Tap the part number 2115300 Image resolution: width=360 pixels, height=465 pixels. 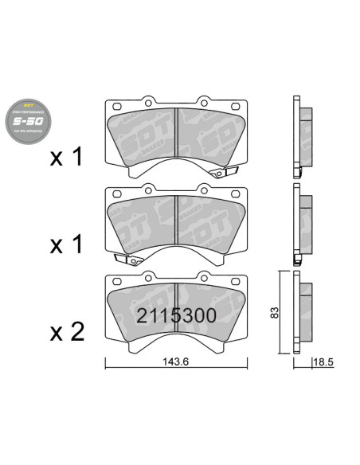pos(174,315)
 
